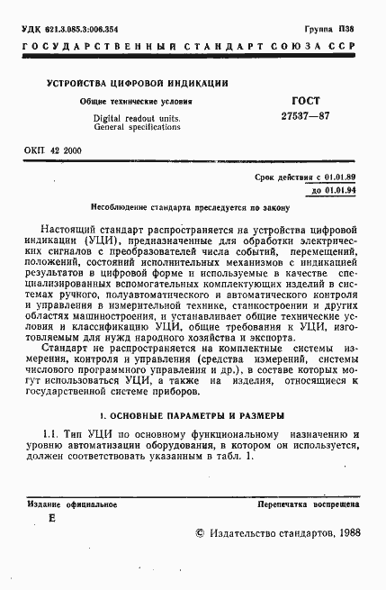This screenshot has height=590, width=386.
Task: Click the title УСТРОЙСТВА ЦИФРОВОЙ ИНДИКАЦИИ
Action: click(x=138, y=83)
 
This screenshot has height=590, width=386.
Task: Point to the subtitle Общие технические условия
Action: click(x=136, y=102)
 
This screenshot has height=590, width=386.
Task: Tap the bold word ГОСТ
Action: click(x=281, y=100)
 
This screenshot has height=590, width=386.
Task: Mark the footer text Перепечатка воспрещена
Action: click(x=308, y=504)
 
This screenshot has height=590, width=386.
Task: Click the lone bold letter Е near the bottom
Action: click(x=51, y=520)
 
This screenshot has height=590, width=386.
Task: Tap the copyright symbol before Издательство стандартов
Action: click(x=200, y=534)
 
